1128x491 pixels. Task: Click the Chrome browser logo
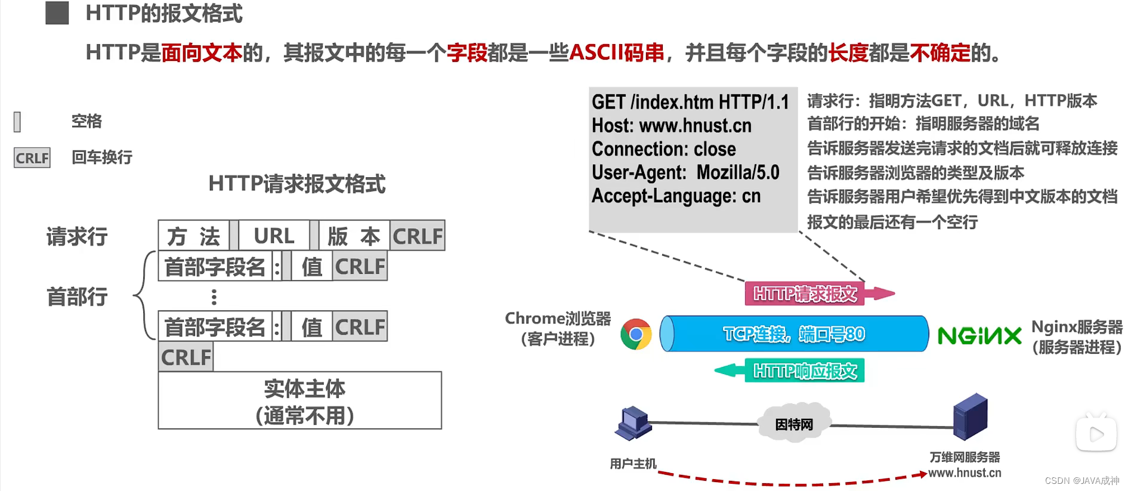point(636,334)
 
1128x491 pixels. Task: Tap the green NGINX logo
point(979,336)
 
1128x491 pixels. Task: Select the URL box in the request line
point(274,236)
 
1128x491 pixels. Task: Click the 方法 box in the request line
point(193,236)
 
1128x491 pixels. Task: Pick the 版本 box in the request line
point(354,236)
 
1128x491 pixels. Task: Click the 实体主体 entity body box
point(299,400)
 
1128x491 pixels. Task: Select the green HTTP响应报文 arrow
point(793,370)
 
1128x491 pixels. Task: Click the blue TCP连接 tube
point(794,334)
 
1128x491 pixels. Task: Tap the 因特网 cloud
point(793,424)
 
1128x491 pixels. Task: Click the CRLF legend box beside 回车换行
point(32,158)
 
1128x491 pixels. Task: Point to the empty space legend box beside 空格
point(17,122)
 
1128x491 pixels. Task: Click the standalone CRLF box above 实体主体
point(186,357)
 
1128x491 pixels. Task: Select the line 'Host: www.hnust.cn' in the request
point(671,126)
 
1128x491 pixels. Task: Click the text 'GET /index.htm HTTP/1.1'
point(690,102)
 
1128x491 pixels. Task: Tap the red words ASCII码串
point(616,53)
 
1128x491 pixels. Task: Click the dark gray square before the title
point(57,13)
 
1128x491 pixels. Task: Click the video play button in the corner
point(1096,434)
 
